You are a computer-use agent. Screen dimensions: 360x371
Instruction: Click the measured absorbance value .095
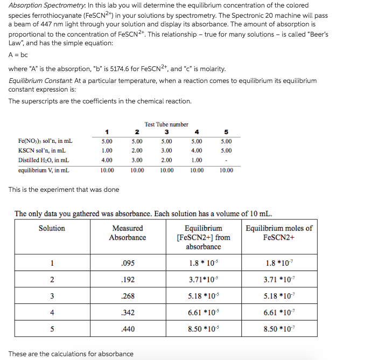127,264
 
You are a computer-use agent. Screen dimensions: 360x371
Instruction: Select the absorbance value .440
127,329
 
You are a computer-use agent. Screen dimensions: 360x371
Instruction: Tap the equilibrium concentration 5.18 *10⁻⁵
203,296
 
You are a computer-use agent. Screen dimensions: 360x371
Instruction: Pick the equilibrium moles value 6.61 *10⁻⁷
278,313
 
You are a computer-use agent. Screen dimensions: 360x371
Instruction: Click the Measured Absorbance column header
127,233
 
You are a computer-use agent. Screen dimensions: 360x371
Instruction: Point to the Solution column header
52,229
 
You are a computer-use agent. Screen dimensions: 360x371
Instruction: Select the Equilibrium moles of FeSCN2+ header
278,233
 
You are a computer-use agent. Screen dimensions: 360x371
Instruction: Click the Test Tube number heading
166,124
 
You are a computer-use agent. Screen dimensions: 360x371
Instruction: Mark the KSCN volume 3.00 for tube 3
166,151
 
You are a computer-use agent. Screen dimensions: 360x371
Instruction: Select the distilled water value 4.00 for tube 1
107,160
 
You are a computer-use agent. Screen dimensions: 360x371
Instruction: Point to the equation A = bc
19,55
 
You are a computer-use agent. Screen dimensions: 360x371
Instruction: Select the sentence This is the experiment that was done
64,189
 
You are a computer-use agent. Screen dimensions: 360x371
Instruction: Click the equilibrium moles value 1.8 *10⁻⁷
278,264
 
